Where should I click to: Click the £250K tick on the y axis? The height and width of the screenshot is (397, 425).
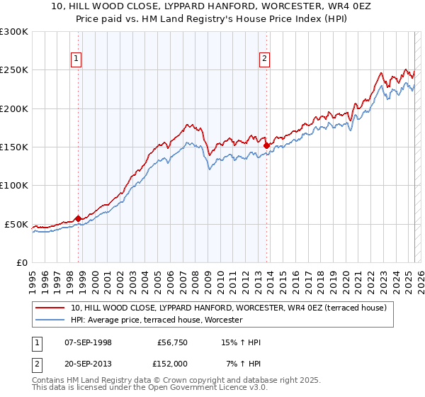(x=14, y=70)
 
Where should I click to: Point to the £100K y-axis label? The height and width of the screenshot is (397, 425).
(x=14, y=185)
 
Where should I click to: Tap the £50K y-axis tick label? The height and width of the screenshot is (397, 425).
(x=17, y=224)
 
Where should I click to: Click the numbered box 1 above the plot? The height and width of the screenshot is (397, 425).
(x=76, y=59)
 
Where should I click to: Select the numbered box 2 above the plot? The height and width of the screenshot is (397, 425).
(x=264, y=59)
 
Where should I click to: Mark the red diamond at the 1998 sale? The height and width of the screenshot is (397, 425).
(x=78, y=218)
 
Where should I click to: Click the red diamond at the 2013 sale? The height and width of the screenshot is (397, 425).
(x=266, y=145)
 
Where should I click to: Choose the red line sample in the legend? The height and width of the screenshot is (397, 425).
(x=51, y=308)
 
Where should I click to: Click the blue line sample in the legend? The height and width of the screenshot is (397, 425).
(x=51, y=320)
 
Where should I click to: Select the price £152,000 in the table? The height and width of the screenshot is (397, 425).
(x=172, y=363)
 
